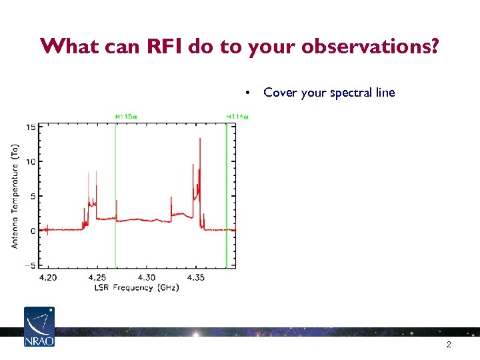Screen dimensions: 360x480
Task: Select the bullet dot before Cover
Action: (x=247, y=93)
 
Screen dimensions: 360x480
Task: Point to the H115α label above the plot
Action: (x=126, y=117)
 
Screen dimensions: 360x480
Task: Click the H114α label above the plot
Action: (x=237, y=117)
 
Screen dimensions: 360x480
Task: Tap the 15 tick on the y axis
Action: (x=31, y=127)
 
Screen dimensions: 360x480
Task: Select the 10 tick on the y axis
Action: (x=31, y=161)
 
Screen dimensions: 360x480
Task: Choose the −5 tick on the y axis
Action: (x=31, y=265)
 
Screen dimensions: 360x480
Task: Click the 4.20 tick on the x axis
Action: (x=48, y=277)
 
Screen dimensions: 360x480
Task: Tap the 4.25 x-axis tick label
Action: (x=97, y=277)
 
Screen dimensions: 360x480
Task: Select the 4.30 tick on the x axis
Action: (x=147, y=277)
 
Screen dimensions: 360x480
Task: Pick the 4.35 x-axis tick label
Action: (x=196, y=277)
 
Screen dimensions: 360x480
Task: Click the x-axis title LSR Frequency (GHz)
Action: (x=137, y=287)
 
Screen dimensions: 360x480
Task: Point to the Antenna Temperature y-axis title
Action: (x=15, y=197)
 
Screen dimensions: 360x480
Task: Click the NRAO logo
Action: (x=39, y=327)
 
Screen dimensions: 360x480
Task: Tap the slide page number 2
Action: (x=449, y=345)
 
